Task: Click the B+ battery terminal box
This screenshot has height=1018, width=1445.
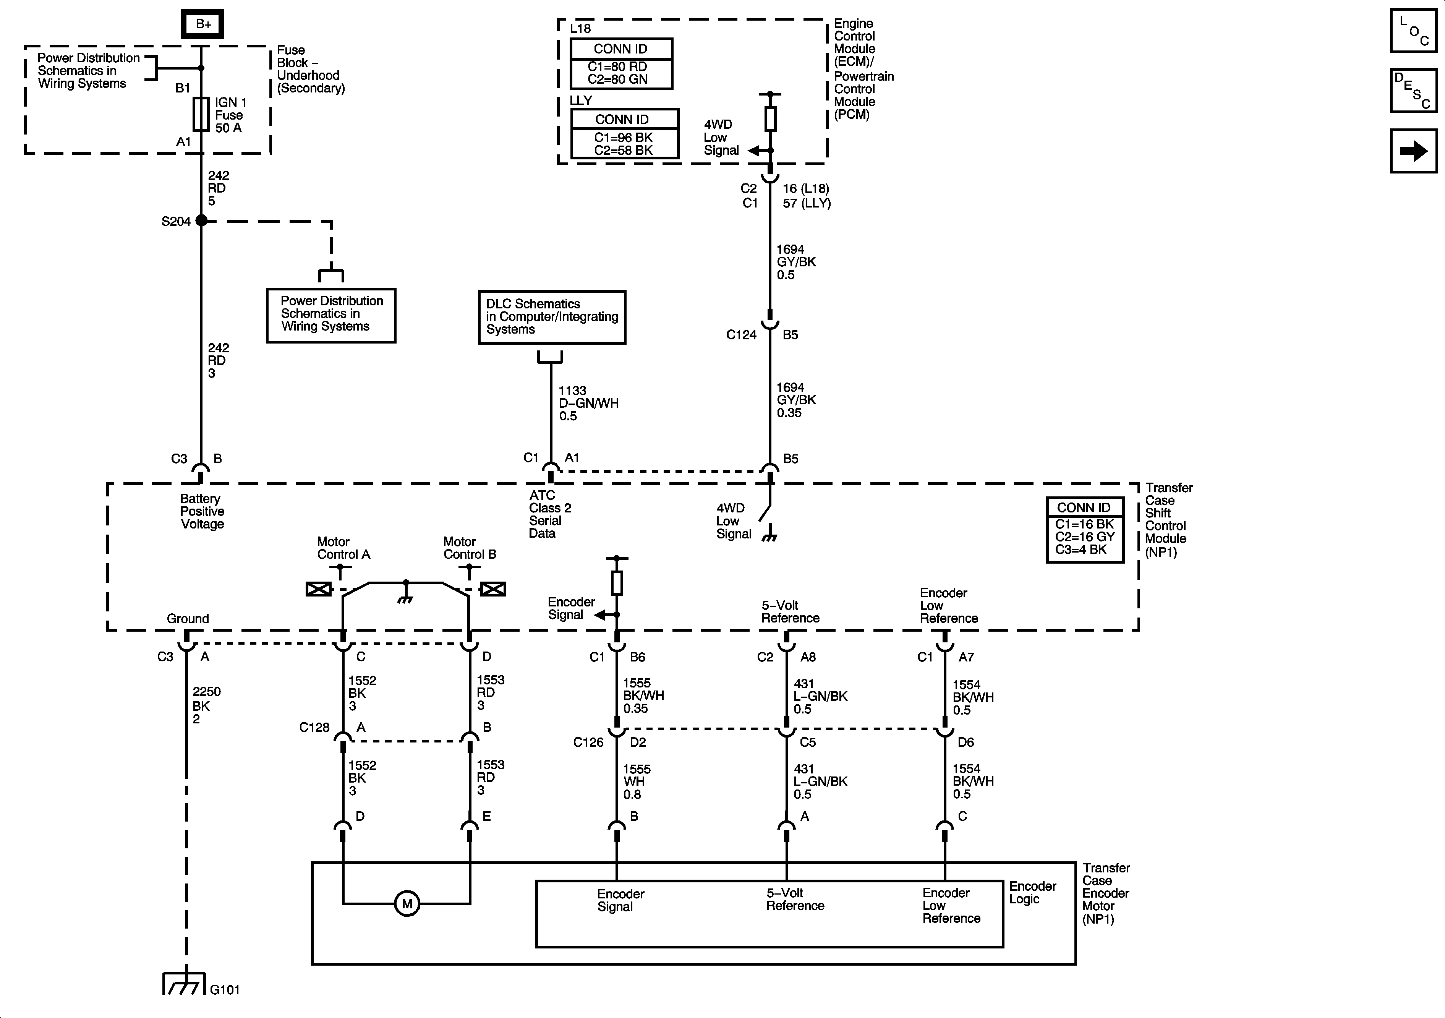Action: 202,24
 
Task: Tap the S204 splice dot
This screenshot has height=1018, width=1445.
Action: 201,220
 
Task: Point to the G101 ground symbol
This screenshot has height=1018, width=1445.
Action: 184,984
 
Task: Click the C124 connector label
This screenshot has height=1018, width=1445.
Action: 741,335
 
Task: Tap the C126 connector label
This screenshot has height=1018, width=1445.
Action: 588,742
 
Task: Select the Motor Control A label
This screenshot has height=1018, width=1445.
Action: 343,548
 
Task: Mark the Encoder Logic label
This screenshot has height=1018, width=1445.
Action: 1032,892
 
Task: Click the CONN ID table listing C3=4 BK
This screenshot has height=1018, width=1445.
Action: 1084,530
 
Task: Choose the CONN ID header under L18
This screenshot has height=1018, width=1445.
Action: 620,49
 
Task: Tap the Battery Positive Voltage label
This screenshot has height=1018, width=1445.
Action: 201,511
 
